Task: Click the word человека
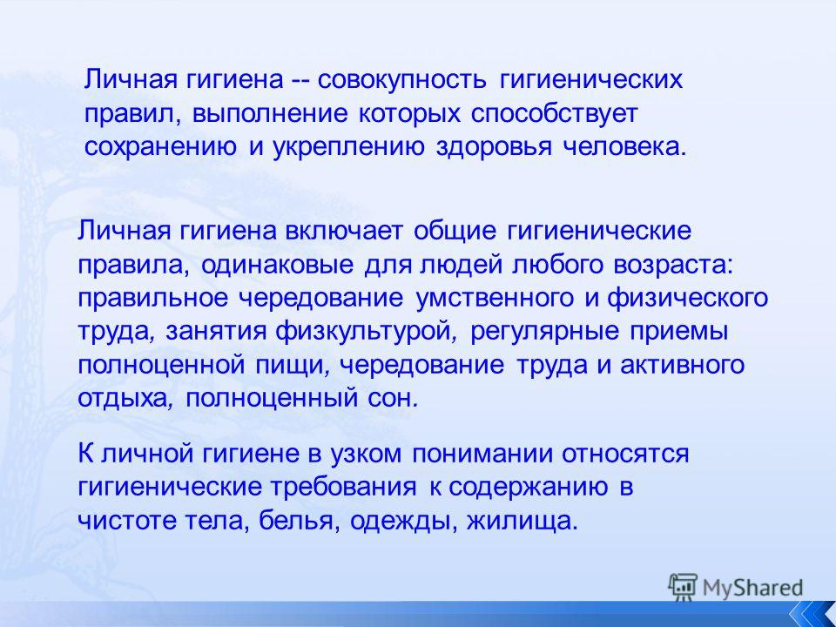coord(622,146)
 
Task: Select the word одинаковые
coord(277,265)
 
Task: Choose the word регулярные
coord(545,332)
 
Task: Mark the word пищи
coord(291,366)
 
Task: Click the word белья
coord(298,521)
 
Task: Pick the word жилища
coord(521,521)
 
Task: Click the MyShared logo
coord(735,588)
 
